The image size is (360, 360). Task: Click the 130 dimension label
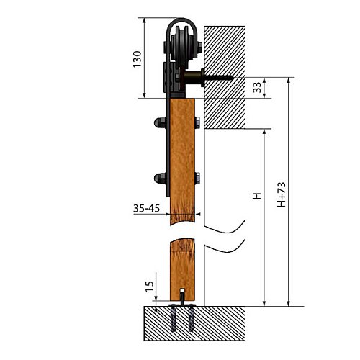(x=138, y=59)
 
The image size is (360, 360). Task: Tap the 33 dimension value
(x=257, y=87)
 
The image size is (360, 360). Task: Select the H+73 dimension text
(x=282, y=194)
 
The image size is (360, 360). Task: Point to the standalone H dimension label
(x=257, y=196)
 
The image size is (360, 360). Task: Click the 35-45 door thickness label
(x=146, y=208)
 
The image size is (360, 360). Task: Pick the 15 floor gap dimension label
(x=149, y=286)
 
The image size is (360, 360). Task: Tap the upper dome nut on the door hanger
(x=160, y=122)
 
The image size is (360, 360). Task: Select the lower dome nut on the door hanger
(x=160, y=179)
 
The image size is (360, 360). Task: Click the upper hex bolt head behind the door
(x=197, y=122)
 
